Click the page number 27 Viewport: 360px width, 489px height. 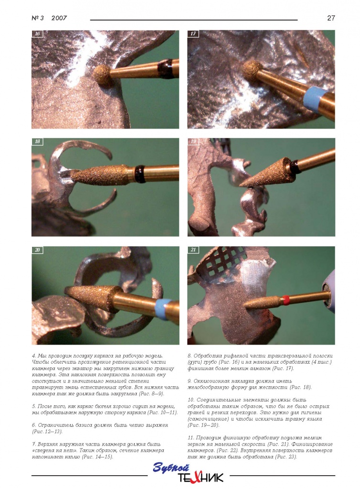331,18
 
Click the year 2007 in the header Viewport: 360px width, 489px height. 59,18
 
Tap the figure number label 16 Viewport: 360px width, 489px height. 37,33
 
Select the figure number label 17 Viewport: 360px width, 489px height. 193,33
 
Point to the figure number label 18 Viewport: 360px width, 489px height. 37,141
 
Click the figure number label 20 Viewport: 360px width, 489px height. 37,250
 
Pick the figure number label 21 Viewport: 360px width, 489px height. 193,250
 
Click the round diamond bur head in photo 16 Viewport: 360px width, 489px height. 102,73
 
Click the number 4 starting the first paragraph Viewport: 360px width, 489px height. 33,356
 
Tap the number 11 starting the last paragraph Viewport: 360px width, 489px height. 190,438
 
